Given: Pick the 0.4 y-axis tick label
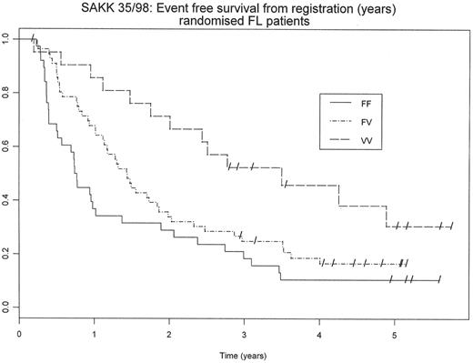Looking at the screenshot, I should [x=6, y=199].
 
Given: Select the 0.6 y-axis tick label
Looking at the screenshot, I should [x=6, y=146].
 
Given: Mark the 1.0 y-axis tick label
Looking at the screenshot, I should [x=6, y=39].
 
